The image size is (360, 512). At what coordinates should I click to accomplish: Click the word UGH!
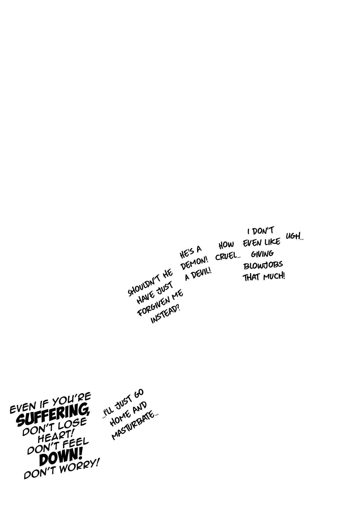(294, 236)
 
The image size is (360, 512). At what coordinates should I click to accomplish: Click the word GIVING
(262, 254)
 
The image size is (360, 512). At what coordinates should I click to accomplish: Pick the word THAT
(252, 277)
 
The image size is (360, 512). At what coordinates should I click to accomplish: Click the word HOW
(226, 245)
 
